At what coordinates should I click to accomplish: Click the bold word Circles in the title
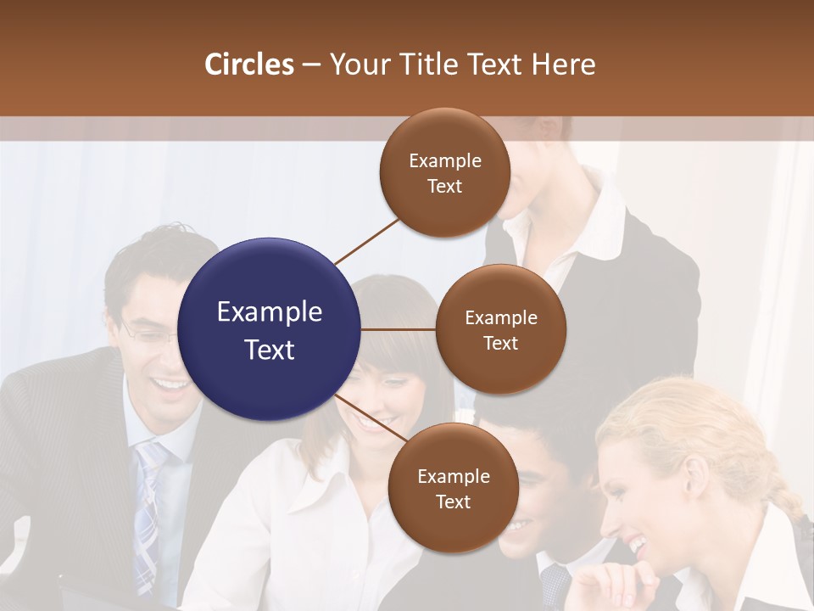248,64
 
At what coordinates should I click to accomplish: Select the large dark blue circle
270,329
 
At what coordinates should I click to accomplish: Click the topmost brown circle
444,172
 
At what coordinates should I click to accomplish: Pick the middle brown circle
500,329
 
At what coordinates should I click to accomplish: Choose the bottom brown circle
453,488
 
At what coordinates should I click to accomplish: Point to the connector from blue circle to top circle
368,240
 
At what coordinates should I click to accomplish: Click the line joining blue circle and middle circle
399,329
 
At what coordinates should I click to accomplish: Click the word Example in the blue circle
270,312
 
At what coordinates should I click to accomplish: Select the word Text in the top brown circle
444,187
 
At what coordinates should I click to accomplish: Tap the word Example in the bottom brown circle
453,476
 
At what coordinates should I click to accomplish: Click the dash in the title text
311,64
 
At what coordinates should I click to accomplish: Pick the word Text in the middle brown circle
500,343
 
